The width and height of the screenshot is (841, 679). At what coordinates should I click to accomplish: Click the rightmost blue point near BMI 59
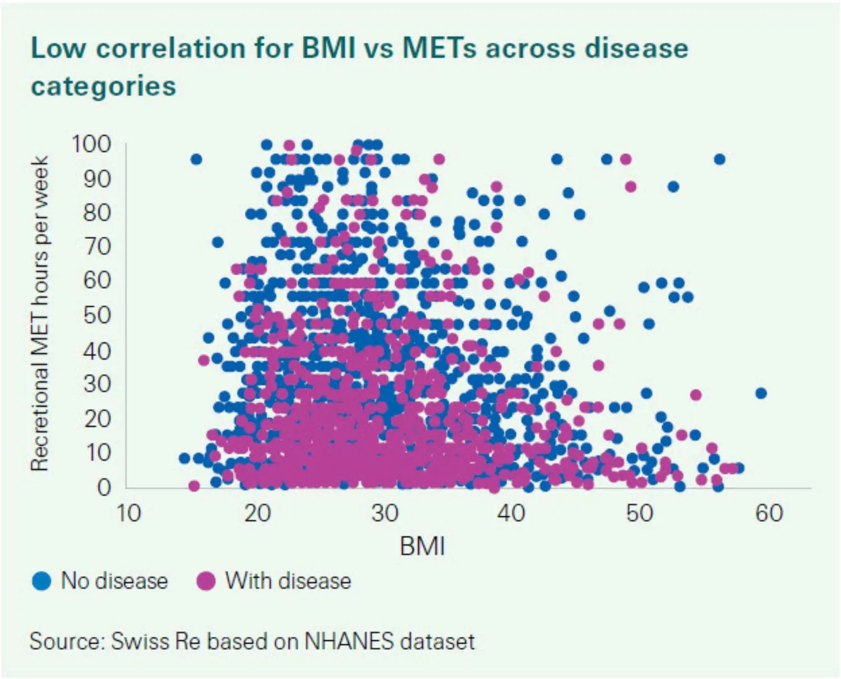click(x=761, y=393)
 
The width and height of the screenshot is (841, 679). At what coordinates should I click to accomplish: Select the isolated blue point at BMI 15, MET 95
click(x=196, y=160)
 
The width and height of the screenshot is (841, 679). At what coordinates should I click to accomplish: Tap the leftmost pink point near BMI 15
click(x=194, y=486)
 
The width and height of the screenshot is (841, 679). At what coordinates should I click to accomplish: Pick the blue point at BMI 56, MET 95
click(x=719, y=160)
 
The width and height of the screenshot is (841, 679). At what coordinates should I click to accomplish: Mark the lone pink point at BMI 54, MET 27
click(x=696, y=395)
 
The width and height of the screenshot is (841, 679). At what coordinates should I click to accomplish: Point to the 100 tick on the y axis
click(x=91, y=144)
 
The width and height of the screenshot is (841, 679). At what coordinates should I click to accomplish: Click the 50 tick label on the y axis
click(x=97, y=316)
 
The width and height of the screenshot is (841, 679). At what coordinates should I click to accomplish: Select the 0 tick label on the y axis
click(x=104, y=487)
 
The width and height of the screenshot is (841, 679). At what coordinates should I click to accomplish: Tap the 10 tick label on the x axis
click(x=128, y=512)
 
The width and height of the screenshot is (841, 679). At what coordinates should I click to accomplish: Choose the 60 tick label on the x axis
click(x=769, y=512)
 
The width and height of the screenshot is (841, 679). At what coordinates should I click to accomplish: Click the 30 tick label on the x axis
click(x=385, y=512)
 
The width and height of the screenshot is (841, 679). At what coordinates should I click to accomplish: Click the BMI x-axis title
click(x=422, y=546)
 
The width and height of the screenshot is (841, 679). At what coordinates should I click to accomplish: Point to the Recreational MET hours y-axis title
click(x=40, y=314)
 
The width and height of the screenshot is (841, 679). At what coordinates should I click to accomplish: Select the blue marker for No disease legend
click(x=41, y=581)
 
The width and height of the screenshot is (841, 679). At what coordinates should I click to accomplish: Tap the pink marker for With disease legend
click(x=206, y=581)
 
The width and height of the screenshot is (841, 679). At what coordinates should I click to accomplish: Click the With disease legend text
click(x=288, y=581)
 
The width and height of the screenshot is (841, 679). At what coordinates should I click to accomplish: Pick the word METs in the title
click(x=439, y=48)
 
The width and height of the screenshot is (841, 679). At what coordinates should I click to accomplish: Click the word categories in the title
click(x=103, y=86)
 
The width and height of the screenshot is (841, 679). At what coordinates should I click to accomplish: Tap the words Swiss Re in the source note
click(x=155, y=641)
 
